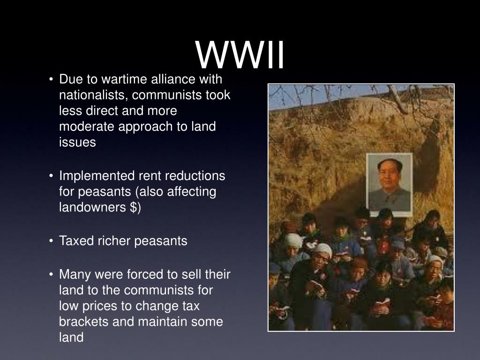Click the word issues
[77, 142]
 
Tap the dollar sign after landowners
[134, 208]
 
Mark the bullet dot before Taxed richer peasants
[51, 241]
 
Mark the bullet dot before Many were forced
[51, 274]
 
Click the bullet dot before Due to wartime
[51, 80]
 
